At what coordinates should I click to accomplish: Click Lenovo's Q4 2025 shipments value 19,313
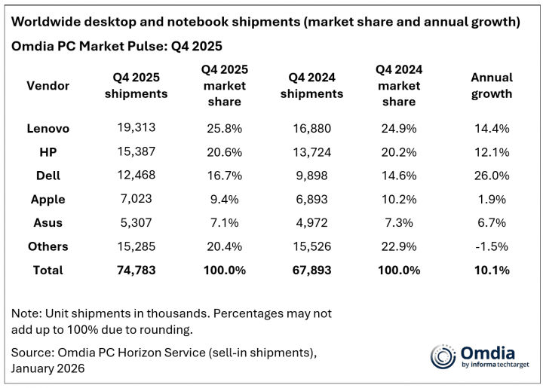click(136, 129)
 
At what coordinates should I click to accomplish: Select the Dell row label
click(48, 176)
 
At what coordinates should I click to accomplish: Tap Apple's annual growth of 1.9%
click(491, 200)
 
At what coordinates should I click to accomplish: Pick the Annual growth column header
click(491, 86)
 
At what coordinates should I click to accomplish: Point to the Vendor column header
click(48, 85)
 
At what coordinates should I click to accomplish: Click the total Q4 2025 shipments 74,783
click(136, 270)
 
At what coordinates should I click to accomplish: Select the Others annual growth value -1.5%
click(491, 246)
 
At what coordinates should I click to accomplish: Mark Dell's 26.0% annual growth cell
click(491, 176)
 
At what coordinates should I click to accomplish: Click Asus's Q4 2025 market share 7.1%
click(224, 223)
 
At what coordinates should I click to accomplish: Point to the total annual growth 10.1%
click(491, 270)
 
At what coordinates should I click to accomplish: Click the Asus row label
click(48, 223)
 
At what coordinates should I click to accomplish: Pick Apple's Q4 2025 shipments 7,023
click(136, 200)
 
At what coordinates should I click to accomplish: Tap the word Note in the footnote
click(26, 313)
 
